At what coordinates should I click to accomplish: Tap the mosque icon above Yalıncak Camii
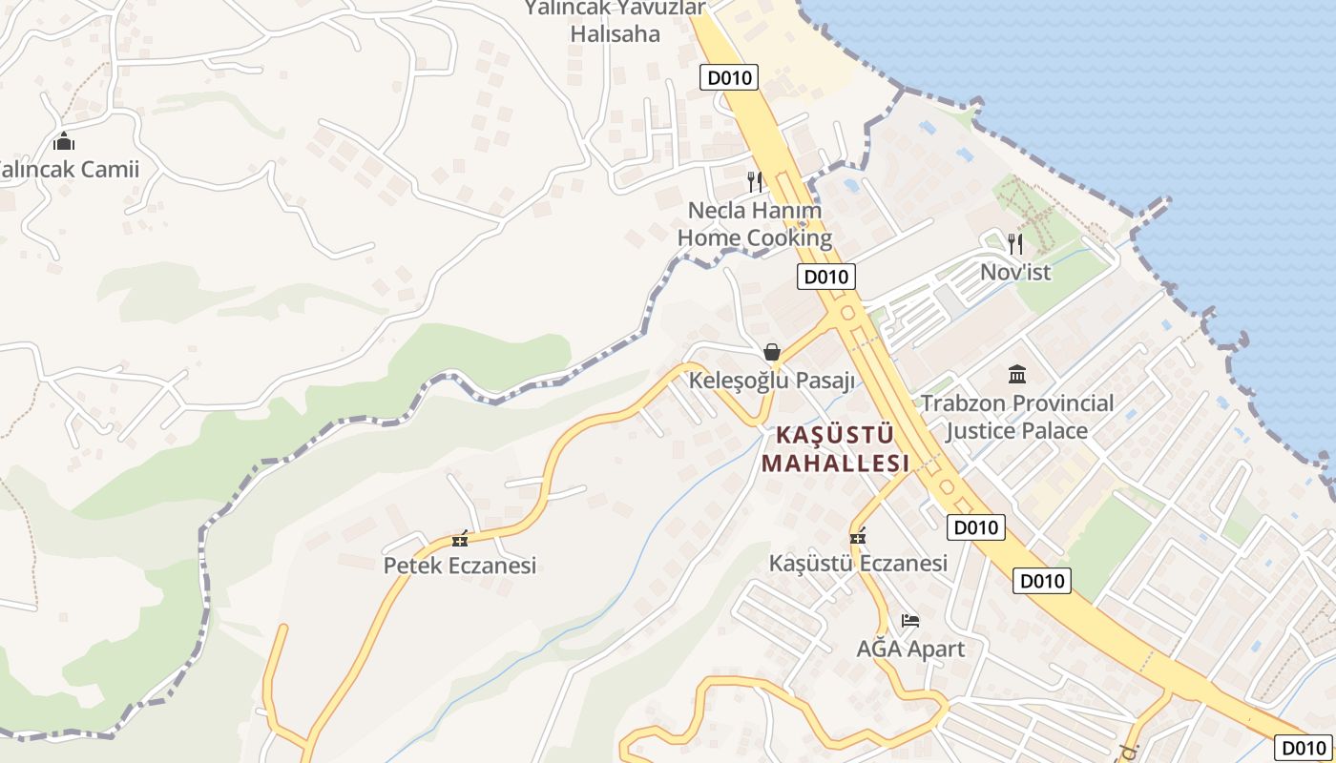64,142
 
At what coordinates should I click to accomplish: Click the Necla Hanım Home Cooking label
755,224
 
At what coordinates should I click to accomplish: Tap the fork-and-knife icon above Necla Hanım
755,181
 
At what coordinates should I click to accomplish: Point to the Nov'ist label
1015,272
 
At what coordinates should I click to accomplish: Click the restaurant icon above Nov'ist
1015,244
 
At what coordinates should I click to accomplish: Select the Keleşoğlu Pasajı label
772,381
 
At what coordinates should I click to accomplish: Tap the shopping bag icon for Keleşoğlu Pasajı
772,353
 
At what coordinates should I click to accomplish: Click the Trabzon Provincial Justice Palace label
1017,417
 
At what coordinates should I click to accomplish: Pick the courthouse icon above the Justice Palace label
1017,374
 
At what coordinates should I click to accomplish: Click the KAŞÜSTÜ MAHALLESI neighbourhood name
836,449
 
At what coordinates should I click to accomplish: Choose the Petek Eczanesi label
460,566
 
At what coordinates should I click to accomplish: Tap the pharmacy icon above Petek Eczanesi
461,539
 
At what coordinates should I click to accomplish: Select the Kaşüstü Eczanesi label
859,564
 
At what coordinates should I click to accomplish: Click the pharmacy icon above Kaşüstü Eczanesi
858,537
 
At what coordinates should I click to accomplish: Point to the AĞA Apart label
910,650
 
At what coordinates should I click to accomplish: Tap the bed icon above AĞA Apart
910,621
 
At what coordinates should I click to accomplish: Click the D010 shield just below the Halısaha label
729,77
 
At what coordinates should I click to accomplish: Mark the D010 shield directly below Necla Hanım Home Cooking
826,278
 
